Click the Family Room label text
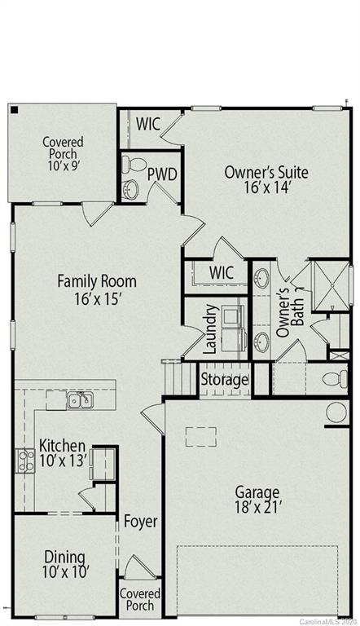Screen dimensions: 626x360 coord(96,290)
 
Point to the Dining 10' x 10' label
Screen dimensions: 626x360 coord(64,565)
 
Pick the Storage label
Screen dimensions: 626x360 coord(224,380)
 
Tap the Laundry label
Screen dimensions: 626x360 coord(209,328)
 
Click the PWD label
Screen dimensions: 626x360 coord(161,174)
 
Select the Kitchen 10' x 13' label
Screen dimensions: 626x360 coord(62,453)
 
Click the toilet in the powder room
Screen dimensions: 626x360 coord(133,165)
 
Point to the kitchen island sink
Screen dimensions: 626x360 coord(80,399)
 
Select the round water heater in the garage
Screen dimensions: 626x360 coord(337,412)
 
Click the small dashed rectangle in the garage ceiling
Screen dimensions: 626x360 coord(200,437)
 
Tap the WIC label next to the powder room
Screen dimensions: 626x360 coord(147,124)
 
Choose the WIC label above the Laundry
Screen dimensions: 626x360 coord(222,271)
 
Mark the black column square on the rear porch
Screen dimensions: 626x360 coord(14,109)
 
